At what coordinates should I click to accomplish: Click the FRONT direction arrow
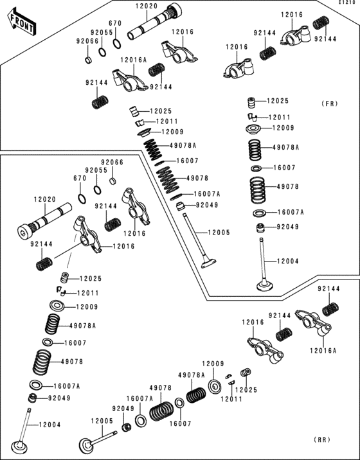[x=22, y=22]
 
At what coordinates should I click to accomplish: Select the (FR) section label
[x=329, y=103]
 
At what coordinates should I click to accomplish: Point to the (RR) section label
[x=323, y=439]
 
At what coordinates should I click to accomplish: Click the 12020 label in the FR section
[x=146, y=6]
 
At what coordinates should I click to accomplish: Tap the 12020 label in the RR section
[x=44, y=199]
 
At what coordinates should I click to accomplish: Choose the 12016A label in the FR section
[x=133, y=60]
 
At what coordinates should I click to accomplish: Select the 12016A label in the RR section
[x=323, y=350]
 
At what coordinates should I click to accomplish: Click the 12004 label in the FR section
[x=288, y=261]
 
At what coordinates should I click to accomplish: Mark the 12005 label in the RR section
[x=102, y=421]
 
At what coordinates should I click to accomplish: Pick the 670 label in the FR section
[x=115, y=23]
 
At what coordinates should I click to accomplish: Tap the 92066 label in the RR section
[x=112, y=163]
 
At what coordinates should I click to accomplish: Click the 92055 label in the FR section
[x=102, y=32]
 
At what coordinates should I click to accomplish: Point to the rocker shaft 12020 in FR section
[x=154, y=21]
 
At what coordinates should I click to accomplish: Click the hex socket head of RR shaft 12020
[x=24, y=230]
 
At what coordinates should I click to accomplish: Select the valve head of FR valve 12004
[x=265, y=285]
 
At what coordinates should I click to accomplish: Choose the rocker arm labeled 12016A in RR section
[x=314, y=323]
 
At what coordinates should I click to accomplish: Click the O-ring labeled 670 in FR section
[x=117, y=44]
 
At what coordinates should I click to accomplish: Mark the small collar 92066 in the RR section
[x=112, y=181]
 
